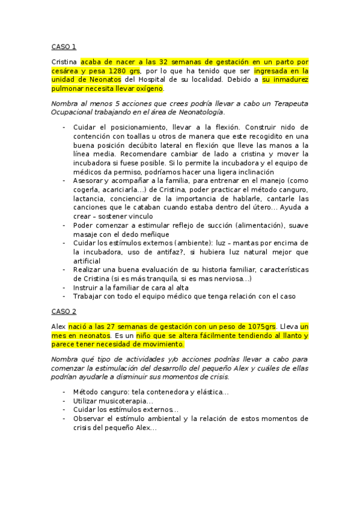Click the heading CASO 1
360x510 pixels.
coord(64,46)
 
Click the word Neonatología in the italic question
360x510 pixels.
coord(200,112)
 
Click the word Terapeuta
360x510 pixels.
coord(288,103)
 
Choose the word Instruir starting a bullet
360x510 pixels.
coord(87,288)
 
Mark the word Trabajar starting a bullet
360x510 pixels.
coord(90,296)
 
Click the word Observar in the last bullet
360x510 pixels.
coord(90,419)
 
